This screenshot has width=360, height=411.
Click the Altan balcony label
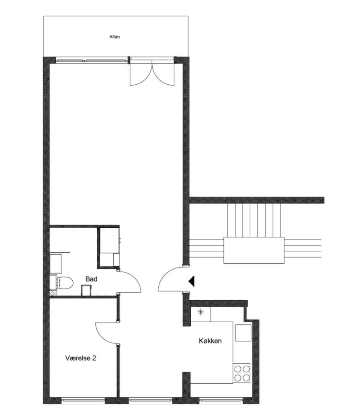(115, 37)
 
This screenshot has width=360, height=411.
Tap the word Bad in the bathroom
(91, 279)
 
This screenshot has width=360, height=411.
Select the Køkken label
(210, 341)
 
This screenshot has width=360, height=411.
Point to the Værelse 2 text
(80, 358)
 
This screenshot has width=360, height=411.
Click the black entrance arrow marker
(192, 281)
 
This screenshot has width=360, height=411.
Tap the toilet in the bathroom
(65, 283)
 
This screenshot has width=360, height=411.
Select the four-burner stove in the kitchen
(241, 374)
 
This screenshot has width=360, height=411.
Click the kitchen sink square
(243, 333)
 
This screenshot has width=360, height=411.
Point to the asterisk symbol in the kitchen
(200, 312)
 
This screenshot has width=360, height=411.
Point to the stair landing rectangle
(254, 250)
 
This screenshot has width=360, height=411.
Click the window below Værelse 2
(83, 400)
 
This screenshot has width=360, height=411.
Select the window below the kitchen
(221, 400)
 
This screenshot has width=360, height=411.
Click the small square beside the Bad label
(86, 291)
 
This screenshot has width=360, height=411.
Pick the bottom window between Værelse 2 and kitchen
(151, 400)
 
